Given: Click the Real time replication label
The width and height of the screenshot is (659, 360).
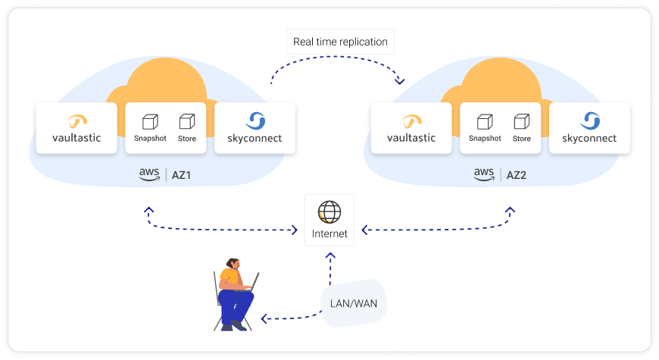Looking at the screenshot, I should pyautogui.click(x=340, y=42).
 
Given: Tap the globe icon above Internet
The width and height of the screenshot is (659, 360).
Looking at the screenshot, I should pyautogui.click(x=329, y=211).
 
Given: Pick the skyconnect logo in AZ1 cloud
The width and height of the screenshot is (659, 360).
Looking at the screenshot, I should pyautogui.click(x=255, y=121).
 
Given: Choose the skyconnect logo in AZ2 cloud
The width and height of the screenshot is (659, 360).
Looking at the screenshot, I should pyautogui.click(x=589, y=121).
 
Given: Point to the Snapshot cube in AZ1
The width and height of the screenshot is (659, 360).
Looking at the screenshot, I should pyautogui.click(x=149, y=121).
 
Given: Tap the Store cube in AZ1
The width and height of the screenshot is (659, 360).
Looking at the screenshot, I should pyautogui.click(x=186, y=121).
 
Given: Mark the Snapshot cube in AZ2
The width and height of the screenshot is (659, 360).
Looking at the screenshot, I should pyautogui.click(x=484, y=121).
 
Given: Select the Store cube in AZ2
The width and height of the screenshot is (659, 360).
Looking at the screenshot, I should pyautogui.click(x=521, y=121).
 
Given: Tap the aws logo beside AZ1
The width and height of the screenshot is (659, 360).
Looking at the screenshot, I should pyautogui.click(x=148, y=174).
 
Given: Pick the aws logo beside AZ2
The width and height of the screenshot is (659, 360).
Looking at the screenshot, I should pyautogui.click(x=483, y=174).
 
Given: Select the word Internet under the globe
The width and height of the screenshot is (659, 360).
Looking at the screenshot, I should pyautogui.click(x=329, y=234).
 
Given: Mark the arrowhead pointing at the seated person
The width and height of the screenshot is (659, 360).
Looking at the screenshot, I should pyautogui.click(x=265, y=318).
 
